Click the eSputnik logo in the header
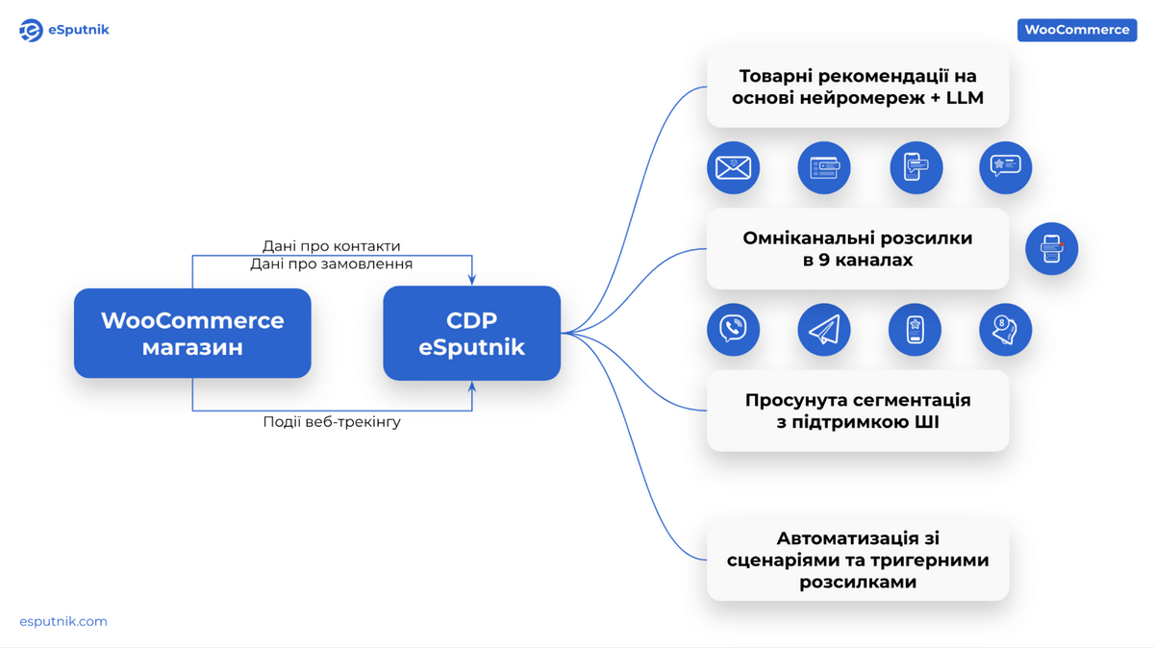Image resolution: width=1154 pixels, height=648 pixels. pos(63,30)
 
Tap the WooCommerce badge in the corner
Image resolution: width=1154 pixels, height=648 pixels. pos(1076,30)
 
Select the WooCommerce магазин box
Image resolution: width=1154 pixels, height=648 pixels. pos(192,333)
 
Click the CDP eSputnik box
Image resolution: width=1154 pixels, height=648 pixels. pos(471,333)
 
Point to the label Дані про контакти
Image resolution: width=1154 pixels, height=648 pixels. pos(332,246)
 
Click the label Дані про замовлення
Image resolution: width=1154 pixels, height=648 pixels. pos(332,263)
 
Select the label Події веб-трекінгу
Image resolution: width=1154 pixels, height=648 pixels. pos(332,422)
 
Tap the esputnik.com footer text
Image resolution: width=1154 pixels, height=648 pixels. pos(63,621)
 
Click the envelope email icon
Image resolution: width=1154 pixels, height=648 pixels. pos(733,167)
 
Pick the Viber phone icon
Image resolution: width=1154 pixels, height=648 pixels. pos(733,330)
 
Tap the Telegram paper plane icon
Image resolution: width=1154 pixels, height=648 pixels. pos(823,330)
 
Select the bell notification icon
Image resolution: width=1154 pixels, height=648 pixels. pos(1005,330)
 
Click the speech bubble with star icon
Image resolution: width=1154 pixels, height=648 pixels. pos(1005,167)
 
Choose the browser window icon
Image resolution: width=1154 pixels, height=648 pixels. pos(823,167)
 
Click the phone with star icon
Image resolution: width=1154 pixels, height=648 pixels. pos(915,330)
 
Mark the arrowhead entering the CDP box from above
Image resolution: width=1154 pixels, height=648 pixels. pos(472,280)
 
